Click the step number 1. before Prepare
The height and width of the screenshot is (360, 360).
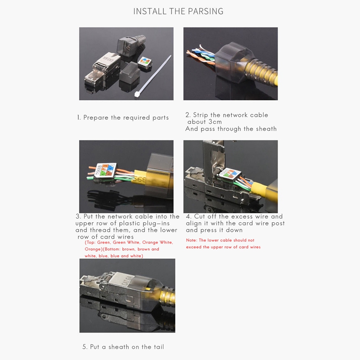[x=79, y=117]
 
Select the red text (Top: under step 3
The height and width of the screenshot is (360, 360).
[x=90, y=243]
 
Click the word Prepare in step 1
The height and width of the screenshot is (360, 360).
[x=96, y=117]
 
